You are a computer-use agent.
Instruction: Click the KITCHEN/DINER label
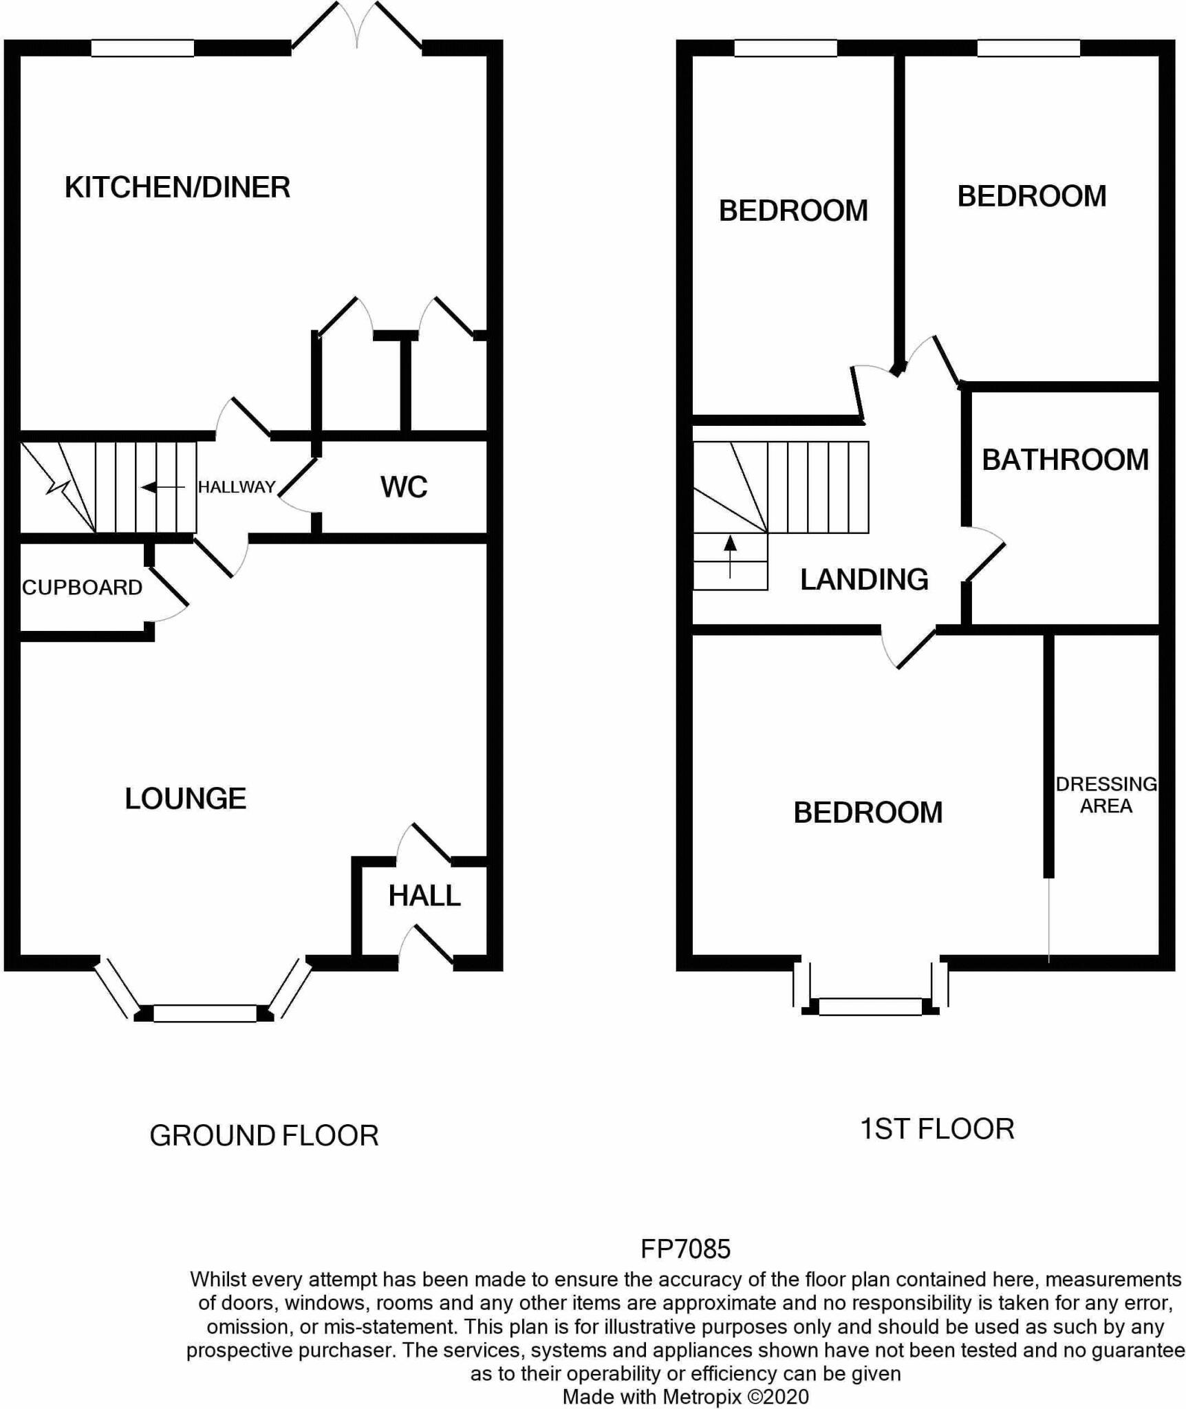tap(177, 188)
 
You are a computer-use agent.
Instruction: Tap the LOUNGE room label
tap(185, 798)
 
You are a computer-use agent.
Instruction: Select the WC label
tap(404, 487)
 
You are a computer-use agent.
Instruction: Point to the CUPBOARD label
tap(82, 588)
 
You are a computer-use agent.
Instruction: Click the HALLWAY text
tap(237, 487)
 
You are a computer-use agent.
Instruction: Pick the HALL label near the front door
tap(424, 896)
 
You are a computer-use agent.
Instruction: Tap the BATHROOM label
tap(1065, 460)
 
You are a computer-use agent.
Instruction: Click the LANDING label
tap(864, 579)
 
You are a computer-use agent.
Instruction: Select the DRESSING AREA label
tap(1106, 795)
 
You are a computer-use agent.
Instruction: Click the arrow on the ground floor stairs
tap(162, 488)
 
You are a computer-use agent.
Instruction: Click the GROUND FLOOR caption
tap(264, 1135)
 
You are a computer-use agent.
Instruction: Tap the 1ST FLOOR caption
tap(937, 1129)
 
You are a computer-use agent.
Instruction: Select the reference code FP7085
tap(685, 1248)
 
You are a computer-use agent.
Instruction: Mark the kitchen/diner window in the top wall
tap(142, 48)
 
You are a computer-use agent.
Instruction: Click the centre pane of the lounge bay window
tap(204, 1013)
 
